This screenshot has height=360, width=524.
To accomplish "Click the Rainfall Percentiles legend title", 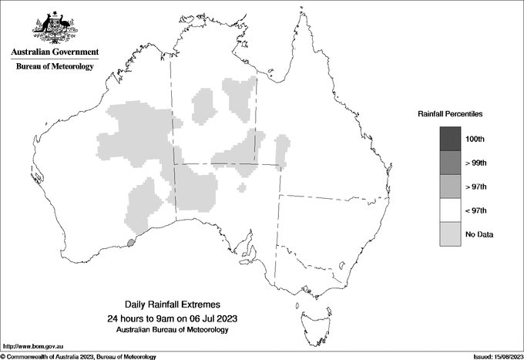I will pos(450,113).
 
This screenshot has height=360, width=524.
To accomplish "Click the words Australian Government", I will pos(55,52).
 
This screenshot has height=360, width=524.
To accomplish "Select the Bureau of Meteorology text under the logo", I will pos(55,67).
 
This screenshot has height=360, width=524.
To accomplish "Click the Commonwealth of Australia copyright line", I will pos(79,356).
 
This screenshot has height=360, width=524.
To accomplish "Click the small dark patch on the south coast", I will pos(131,243).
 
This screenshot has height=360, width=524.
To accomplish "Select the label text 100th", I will pos(476,139).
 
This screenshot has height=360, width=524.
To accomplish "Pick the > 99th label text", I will pos(477,163).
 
